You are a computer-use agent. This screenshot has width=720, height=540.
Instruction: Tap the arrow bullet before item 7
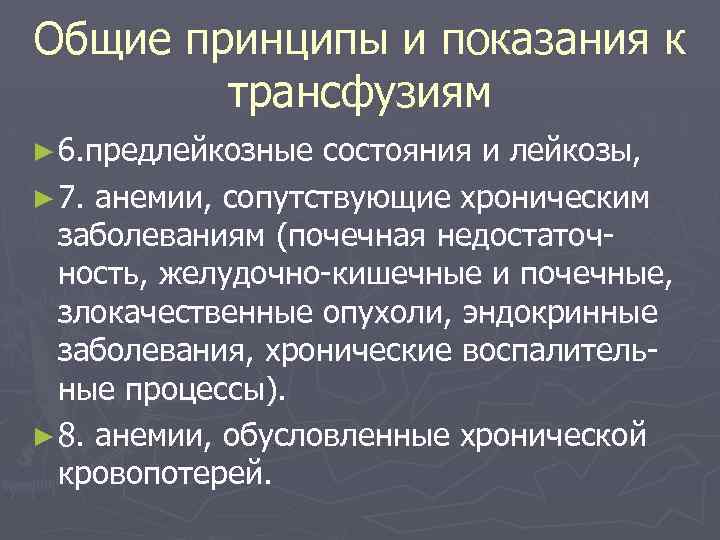point(43,198)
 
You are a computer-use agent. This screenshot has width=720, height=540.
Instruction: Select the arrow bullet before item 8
point(43,435)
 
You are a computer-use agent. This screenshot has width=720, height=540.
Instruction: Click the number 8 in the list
point(68,435)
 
